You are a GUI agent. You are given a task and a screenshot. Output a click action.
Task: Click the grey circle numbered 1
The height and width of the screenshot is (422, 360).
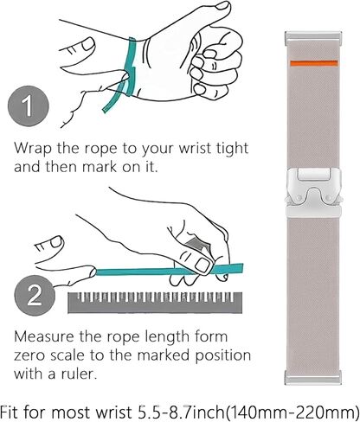(29, 106)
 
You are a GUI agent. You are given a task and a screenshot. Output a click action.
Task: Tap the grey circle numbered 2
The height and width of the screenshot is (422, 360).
(35, 296)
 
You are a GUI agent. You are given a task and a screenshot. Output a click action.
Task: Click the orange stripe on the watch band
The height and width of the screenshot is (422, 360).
(314, 63)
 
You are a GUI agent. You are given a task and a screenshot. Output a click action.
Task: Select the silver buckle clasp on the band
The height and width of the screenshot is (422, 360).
(314, 193)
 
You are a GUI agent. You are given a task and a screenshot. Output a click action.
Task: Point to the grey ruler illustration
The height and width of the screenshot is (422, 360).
(155, 303)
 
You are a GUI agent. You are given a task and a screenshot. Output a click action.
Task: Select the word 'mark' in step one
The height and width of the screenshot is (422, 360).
(100, 167)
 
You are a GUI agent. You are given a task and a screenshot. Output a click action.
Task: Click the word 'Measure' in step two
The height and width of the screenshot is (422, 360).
(44, 336)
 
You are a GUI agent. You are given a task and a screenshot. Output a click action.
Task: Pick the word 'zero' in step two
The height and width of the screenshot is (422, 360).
(29, 356)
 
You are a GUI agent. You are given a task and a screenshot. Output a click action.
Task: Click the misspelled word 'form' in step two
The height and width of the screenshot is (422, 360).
(211, 336)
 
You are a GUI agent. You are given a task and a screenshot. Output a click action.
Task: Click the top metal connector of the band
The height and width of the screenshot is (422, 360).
(313, 38)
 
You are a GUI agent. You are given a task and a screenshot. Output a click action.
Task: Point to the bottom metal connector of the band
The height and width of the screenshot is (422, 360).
(313, 377)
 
